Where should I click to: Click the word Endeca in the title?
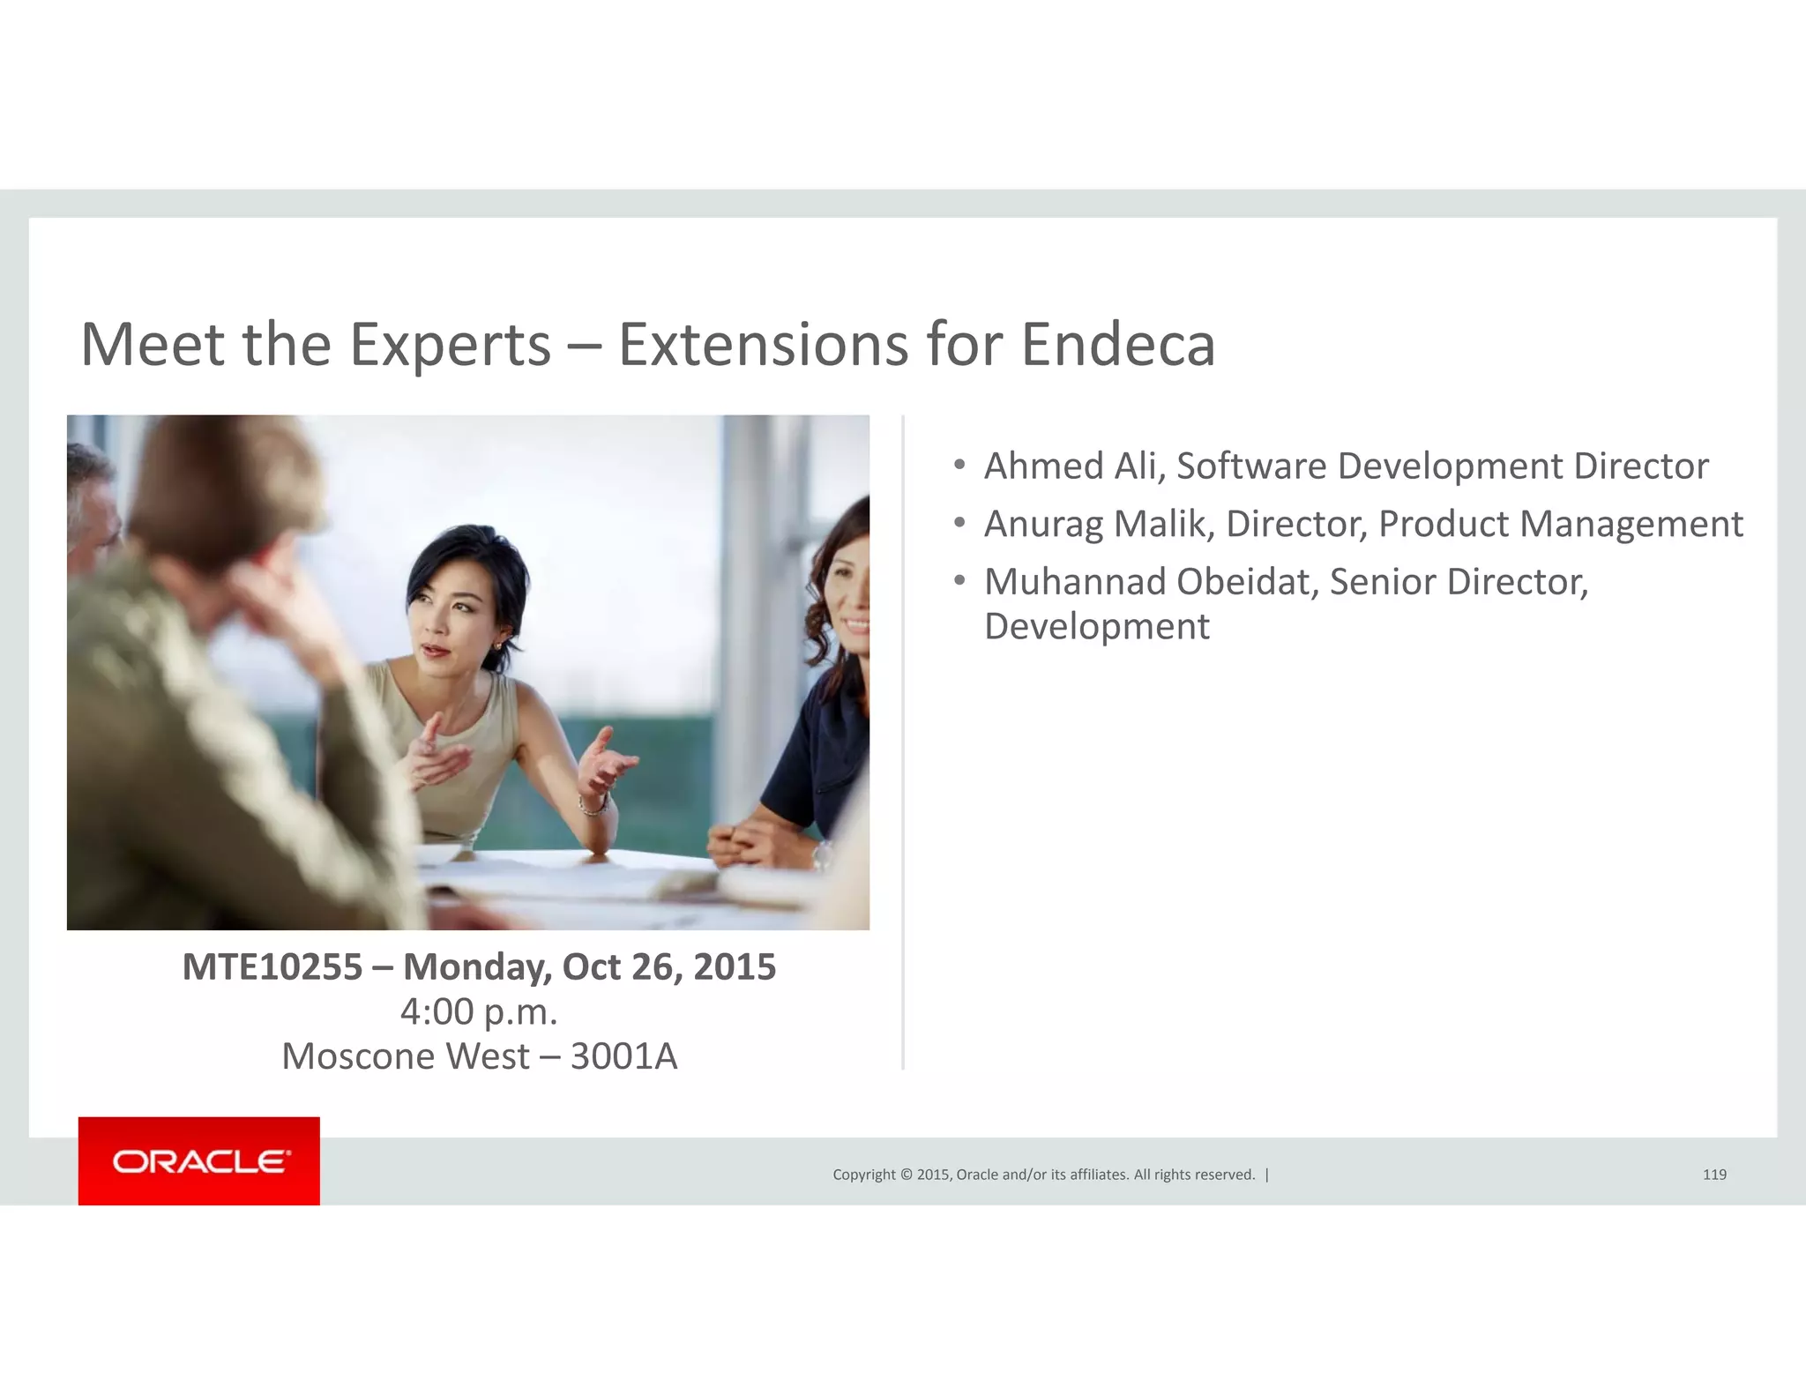coord(1118,344)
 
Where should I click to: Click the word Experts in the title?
coord(451,346)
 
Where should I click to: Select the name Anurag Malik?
coord(1099,524)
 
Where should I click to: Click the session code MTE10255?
coord(272,966)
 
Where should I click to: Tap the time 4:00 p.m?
coord(479,1011)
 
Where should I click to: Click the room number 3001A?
coord(623,1056)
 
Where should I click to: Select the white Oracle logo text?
coord(200,1161)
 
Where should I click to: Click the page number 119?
coord(1714,1175)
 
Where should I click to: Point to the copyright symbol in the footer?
coord(905,1175)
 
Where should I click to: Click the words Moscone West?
coord(406,1056)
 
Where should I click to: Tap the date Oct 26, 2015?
coord(668,966)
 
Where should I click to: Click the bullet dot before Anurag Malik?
coord(959,523)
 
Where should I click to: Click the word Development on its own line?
coord(1097,627)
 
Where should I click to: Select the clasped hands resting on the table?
coord(746,844)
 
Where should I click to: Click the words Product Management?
coord(1560,524)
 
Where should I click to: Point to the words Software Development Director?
coord(1442,466)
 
